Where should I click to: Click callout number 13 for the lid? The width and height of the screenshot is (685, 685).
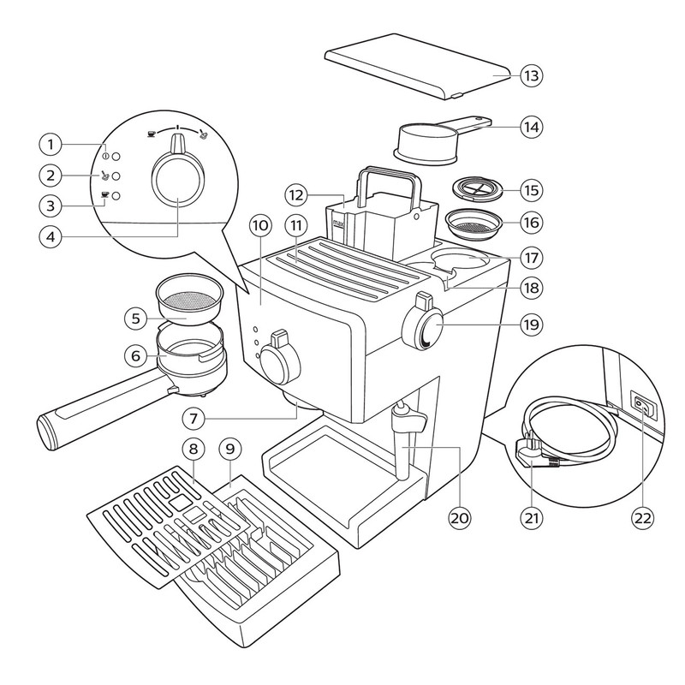tap(531, 75)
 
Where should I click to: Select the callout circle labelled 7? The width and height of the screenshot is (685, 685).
tap(195, 419)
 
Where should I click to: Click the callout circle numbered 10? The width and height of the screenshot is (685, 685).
tap(261, 225)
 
